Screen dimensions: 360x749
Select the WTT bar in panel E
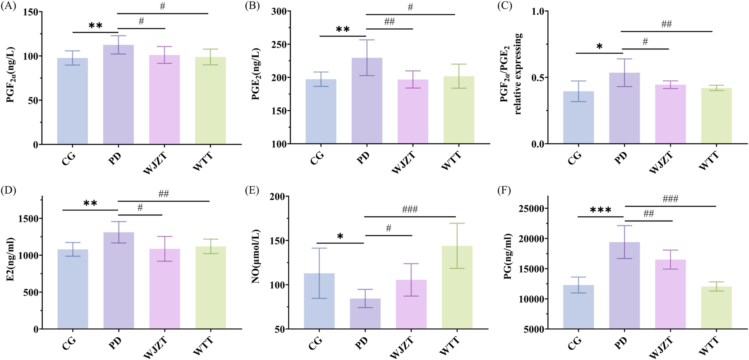457,287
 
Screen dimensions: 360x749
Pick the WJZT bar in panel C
670,114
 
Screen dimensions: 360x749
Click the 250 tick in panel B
281,44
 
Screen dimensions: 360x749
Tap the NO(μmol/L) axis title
256,262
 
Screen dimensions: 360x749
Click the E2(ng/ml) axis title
10,262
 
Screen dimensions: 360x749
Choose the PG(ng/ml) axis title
508,262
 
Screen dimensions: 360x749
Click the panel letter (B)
252,6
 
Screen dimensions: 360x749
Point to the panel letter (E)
252,191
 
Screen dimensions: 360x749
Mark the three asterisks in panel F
600,210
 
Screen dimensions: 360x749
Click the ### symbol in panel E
410,209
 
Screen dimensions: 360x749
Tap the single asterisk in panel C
599,47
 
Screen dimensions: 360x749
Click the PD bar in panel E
365,314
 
